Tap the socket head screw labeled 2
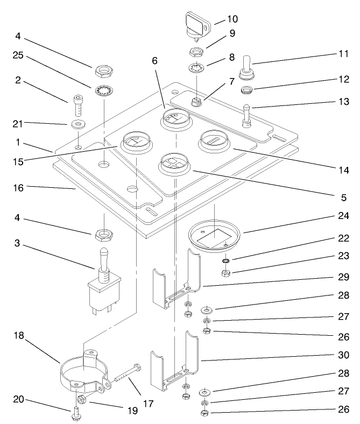[x=77, y=105]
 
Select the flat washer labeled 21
[x=79, y=124]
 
